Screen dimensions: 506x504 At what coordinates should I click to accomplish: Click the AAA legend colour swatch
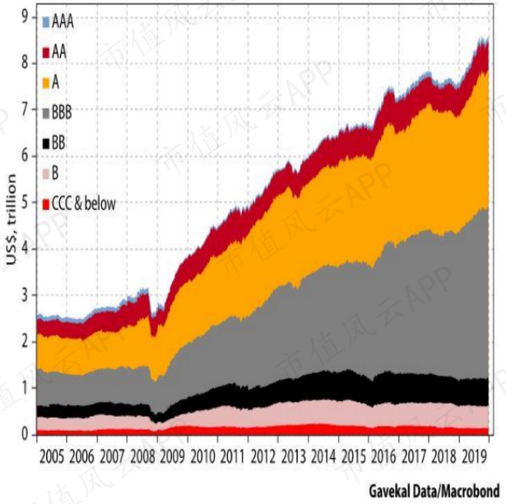[x=46, y=22]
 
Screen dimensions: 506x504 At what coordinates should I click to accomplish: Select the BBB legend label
[x=62, y=113]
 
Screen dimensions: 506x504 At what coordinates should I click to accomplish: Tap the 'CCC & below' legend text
[x=84, y=204]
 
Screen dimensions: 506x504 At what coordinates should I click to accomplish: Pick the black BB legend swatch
[x=46, y=143]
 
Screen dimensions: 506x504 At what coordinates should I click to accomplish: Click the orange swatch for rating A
[x=46, y=82]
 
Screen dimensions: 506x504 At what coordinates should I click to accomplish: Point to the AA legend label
[x=59, y=52]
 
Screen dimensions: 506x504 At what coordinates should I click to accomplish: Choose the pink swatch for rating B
[x=46, y=173]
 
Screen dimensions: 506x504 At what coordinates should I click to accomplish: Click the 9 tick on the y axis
[x=26, y=16]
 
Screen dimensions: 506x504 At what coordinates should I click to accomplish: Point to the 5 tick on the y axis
[x=26, y=202]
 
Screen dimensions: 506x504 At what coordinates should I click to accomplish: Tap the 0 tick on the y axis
[x=26, y=434]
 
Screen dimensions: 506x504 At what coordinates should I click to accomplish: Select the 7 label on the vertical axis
[x=26, y=109]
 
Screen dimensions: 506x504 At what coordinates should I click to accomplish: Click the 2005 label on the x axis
[x=52, y=456]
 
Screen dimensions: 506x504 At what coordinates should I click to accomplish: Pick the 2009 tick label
[x=173, y=456]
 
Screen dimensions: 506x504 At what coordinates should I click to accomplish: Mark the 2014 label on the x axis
[x=323, y=456]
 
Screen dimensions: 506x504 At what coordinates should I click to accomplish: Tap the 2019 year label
[x=475, y=456]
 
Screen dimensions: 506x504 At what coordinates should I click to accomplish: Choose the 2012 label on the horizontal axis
[x=263, y=456]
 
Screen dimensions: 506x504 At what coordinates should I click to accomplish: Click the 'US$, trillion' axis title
[x=11, y=220]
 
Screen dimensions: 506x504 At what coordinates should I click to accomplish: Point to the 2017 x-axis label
[x=414, y=456]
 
